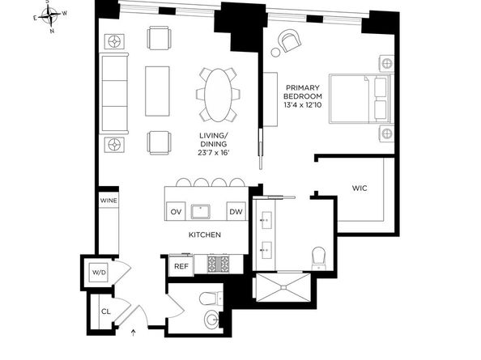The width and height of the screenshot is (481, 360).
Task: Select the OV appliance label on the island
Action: click(x=176, y=211)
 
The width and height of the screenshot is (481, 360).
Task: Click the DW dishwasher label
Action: click(x=236, y=211)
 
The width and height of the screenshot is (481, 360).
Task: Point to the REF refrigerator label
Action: click(x=181, y=265)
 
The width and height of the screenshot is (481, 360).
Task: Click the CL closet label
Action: click(x=105, y=311)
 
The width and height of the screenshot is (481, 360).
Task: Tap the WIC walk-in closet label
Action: click(x=360, y=188)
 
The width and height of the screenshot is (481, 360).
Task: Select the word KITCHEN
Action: click(x=205, y=235)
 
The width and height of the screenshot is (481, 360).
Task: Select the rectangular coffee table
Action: click(x=158, y=91)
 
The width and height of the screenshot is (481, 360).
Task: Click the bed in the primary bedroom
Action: click(x=358, y=100)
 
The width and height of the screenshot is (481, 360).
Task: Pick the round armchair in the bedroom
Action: click(x=288, y=40)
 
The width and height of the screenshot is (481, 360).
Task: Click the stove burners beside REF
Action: click(x=218, y=264)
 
